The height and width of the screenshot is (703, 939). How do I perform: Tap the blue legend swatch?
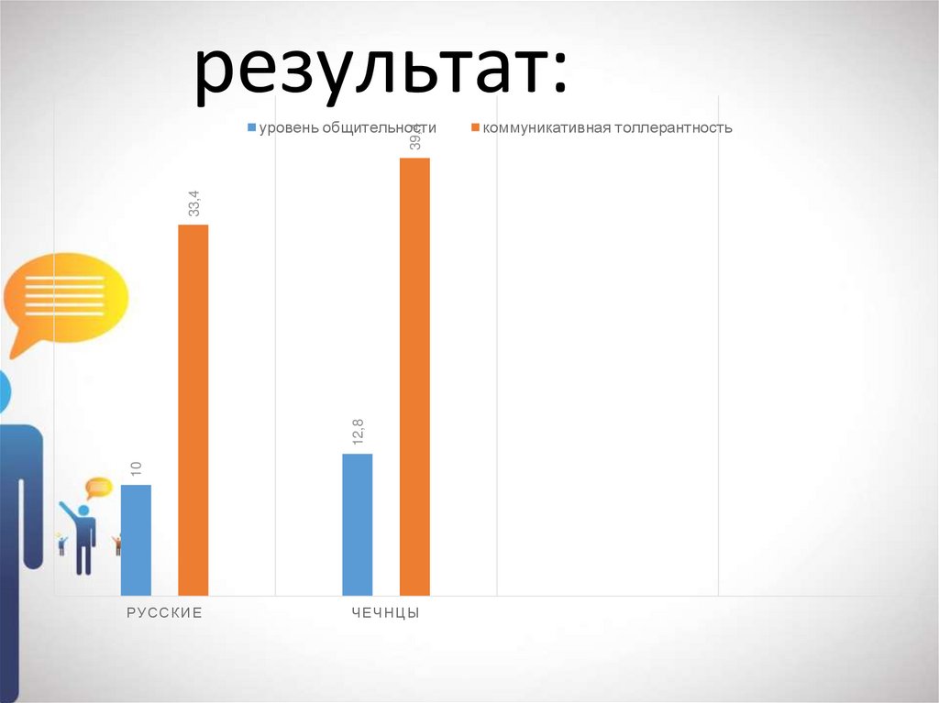click(x=252, y=128)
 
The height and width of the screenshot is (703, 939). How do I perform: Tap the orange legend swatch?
click(x=475, y=128)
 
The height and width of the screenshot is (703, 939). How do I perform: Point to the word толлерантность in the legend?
click(x=674, y=128)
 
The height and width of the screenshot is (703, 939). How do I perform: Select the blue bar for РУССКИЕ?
click(x=136, y=541)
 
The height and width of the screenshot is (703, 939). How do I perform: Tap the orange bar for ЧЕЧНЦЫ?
click(x=414, y=376)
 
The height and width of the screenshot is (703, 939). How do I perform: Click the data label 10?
click(x=136, y=468)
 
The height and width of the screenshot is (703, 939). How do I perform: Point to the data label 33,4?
click(x=193, y=203)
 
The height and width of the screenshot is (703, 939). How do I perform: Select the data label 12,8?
click(x=358, y=433)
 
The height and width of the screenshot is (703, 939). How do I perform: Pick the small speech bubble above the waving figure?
click(x=98, y=487)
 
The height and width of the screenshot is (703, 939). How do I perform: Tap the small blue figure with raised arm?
click(x=83, y=536)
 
